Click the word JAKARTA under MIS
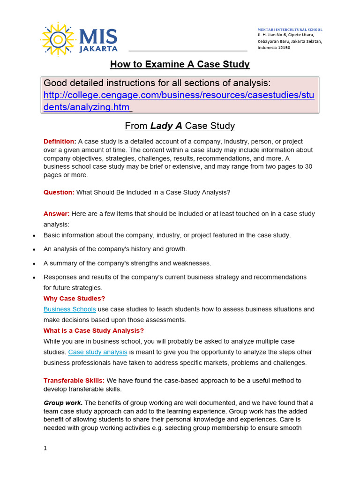pos(98,48)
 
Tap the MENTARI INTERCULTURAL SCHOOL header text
pos(290,30)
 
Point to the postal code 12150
pos(283,48)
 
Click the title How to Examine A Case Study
pos(180,64)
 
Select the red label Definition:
pos(60,142)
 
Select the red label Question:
pos(59,192)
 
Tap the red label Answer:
pos(56,214)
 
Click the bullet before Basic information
pos(34,236)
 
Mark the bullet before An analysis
pos(34,250)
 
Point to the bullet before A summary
pos(34,264)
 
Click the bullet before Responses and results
pos(34,278)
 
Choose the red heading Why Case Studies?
pos(74,299)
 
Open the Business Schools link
pos(69,309)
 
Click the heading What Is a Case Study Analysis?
pos(93,330)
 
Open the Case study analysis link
pos(97,352)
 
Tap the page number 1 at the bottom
pos(45,448)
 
